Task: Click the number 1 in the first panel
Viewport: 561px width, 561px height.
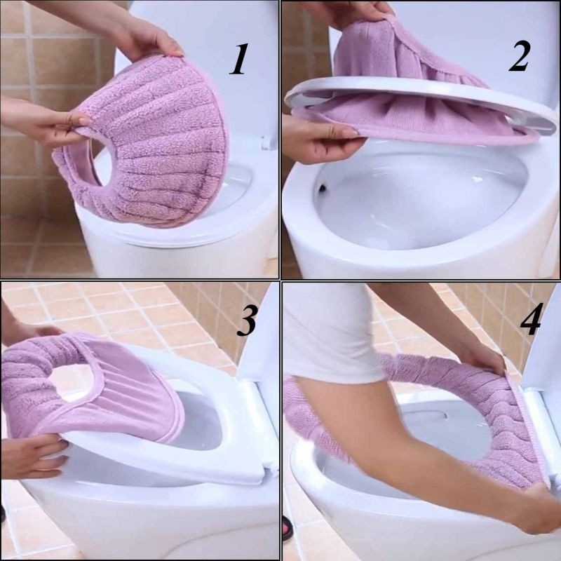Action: [239, 59]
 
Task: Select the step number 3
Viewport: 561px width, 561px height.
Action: [247, 320]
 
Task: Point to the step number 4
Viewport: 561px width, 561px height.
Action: [532, 319]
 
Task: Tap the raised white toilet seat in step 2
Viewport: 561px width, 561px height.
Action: [422, 104]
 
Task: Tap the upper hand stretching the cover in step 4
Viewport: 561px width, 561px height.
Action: [481, 356]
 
